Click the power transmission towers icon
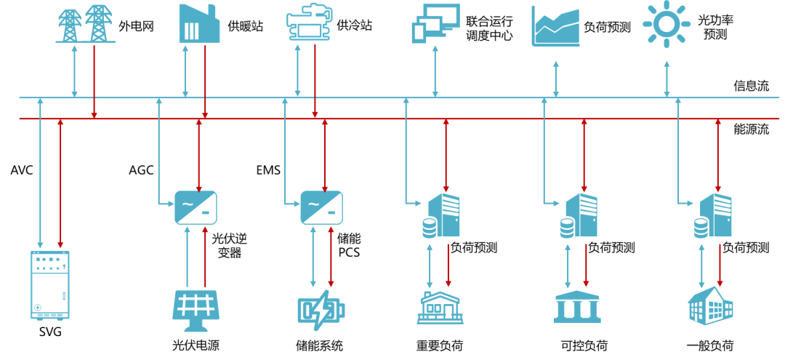point(86,23)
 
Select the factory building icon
point(199,23)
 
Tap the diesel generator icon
point(309,24)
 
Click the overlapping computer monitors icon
point(435,23)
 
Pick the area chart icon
point(555,26)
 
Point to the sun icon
point(667,23)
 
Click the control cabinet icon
point(50,285)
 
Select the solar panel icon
point(196,310)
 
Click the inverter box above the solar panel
point(196,207)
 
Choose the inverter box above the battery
point(321,207)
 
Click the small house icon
point(440,307)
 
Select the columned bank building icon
point(577,307)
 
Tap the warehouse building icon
point(710,305)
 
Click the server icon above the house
point(442,215)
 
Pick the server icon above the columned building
point(579,215)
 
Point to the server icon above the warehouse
point(714,215)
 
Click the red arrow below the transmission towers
point(94,80)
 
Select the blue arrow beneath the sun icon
point(667,79)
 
